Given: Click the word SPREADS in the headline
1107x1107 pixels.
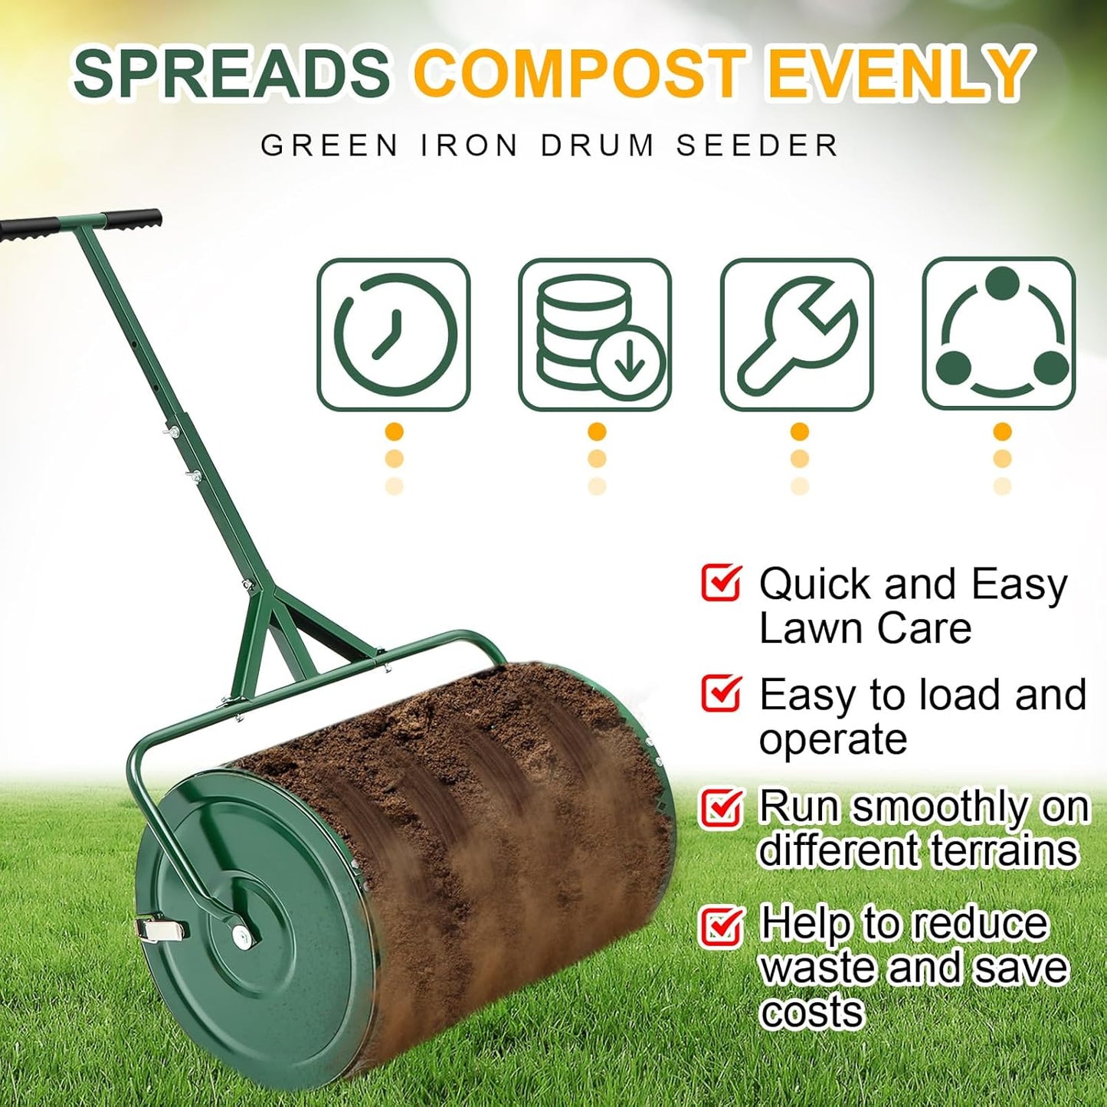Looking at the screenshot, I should click(x=231, y=74).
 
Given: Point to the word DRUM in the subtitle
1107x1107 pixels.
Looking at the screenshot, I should click(x=598, y=146).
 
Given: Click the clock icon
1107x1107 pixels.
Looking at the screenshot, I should click(x=394, y=334).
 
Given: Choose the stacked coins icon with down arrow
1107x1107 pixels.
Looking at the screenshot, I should click(x=595, y=334).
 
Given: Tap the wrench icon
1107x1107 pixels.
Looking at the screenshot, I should click(x=797, y=334).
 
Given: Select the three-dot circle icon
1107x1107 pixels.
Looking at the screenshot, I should click(x=999, y=334).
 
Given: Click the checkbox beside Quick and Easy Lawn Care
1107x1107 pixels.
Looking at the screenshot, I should click(x=720, y=583).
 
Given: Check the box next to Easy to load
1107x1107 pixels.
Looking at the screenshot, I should click(x=720, y=693).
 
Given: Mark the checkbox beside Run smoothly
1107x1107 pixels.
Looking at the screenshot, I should click(x=720, y=807).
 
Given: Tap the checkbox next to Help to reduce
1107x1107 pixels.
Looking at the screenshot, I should click(x=720, y=925).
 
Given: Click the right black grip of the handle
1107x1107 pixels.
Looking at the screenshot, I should click(x=133, y=219).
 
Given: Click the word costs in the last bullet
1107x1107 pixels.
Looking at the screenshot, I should click(x=812, y=1013).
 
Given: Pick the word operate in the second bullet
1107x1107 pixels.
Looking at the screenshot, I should click(x=833, y=739).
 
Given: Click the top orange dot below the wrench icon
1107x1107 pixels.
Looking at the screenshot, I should click(x=799, y=432).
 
